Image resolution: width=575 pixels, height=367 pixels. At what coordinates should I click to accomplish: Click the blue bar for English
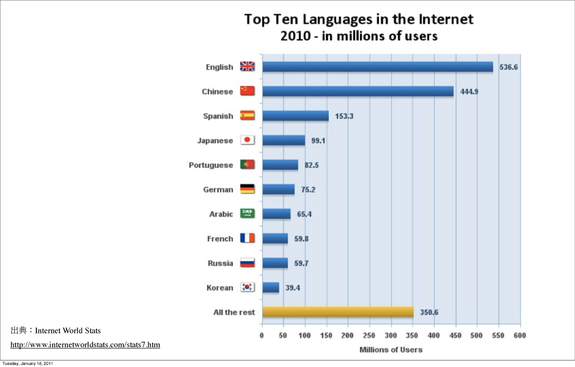[377, 67]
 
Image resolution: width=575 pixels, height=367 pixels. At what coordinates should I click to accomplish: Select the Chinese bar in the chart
[358, 91]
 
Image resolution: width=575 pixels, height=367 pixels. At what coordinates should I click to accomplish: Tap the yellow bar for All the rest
[338, 312]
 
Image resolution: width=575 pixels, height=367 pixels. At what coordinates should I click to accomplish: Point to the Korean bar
[271, 287]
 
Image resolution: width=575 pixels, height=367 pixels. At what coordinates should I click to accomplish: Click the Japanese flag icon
[247, 140]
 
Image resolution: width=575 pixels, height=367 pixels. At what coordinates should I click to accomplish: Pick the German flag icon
[247, 189]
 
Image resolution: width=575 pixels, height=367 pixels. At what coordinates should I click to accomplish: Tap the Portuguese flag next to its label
[247, 165]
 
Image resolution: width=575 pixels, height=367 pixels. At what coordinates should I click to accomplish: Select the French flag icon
[247, 239]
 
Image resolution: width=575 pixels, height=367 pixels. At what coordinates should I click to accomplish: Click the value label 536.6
[509, 67]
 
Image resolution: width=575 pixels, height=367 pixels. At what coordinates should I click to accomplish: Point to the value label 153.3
[344, 116]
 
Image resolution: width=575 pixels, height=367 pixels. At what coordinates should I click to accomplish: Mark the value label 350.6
[429, 312]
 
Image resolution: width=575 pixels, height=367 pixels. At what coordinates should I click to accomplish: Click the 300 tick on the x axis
[391, 336]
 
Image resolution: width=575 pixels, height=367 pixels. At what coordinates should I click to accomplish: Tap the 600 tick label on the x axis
[519, 336]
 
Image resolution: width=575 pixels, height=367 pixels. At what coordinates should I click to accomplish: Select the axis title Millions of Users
[391, 350]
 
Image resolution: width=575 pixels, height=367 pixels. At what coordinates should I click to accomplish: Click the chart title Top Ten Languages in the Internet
[359, 19]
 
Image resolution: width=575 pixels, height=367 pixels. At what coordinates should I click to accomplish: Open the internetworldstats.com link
[85, 345]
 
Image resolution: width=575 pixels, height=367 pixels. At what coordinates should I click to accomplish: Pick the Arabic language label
[221, 214]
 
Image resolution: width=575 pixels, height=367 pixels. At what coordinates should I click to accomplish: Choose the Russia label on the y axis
[220, 263]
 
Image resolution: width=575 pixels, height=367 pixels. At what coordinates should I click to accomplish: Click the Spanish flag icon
[247, 116]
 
